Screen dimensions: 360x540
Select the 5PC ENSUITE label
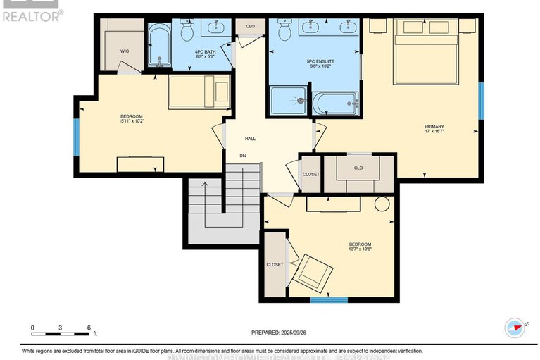[320, 62]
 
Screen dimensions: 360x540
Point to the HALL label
[250, 139]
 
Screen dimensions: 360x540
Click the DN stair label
[242, 156]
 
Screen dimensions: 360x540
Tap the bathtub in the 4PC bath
[159, 46]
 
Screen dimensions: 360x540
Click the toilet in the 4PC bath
[187, 31]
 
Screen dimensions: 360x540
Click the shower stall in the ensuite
[289, 101]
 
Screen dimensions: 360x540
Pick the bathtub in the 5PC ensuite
[336, 104]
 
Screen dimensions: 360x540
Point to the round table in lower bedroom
[382, 204]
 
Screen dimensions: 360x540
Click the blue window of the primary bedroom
[482, 101]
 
